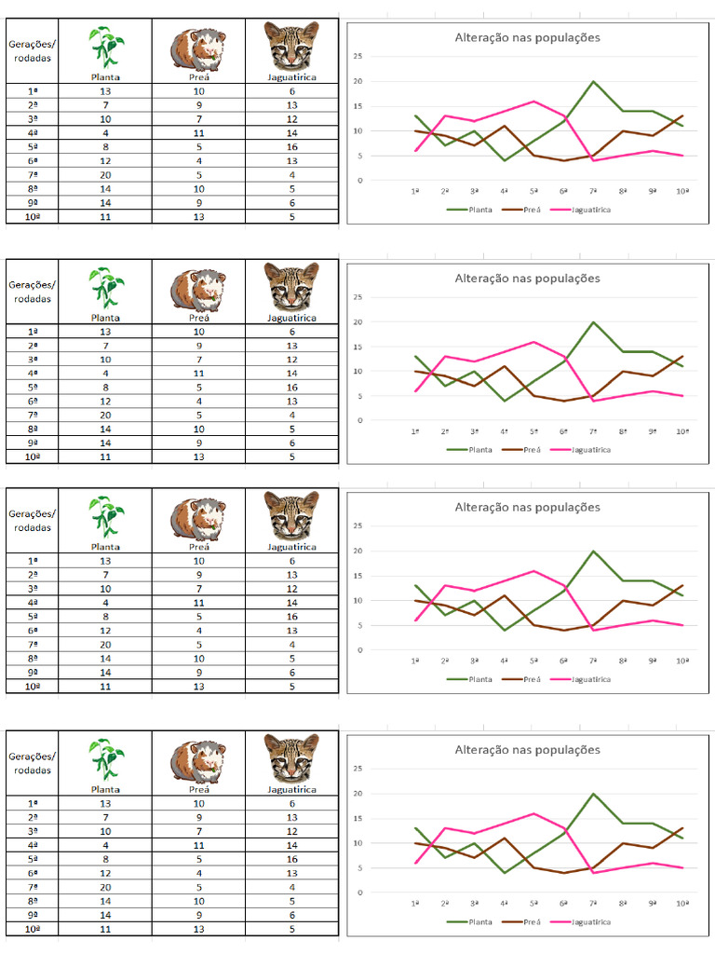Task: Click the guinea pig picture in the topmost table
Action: (198, 48)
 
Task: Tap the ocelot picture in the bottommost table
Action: (291, 756)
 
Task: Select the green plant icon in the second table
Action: (105, 287)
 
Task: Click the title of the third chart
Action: (527, 508)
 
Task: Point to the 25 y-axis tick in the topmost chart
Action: (358, 57)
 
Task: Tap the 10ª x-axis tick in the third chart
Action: (682, 661)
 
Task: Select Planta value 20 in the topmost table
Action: (105, 174)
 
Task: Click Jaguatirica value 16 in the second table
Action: (291, 387)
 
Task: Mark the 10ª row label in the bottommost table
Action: (33, 929)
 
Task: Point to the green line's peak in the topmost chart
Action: (593, 81)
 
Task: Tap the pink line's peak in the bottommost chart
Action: (534, 813)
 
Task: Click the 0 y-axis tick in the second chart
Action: (359, 420)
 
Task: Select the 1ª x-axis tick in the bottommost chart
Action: (415, 903)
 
